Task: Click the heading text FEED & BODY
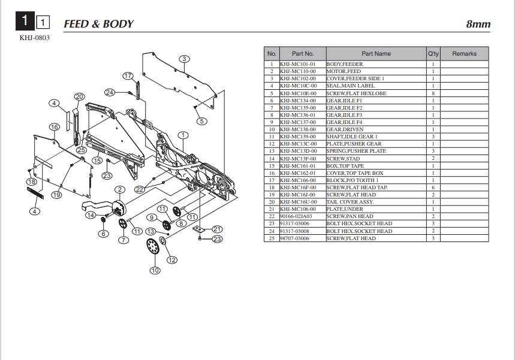coord(98,24)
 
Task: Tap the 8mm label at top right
coord(478,25)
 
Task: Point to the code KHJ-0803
coord(34,38)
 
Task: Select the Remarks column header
coord(464,54)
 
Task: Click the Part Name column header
coord(376,54)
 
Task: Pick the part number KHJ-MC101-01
coord(298,64)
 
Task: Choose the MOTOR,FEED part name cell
coord(344,71)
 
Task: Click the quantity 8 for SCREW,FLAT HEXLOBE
coord(433,93)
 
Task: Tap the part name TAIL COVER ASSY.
coord(350,202)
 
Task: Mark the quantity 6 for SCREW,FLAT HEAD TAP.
coord(433,187)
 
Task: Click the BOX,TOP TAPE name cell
coord(345,166)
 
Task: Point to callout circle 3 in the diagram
coord(184,59)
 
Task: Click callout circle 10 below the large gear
coord(155,271)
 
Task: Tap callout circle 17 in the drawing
coord(128,76)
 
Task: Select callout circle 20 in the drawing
coord(79,96)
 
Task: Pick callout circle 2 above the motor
coord(120,190)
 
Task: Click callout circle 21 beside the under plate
coord(217,229)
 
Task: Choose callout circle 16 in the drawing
coord(54,127)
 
